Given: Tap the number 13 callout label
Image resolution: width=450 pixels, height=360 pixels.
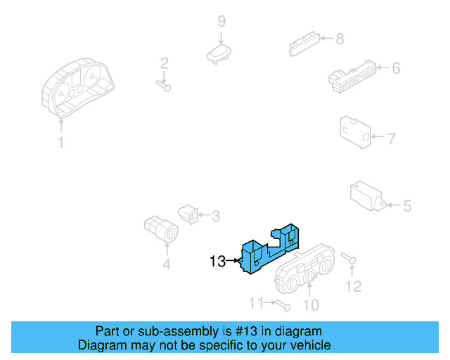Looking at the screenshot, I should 217,262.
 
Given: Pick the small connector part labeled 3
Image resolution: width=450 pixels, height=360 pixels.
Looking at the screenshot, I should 188,212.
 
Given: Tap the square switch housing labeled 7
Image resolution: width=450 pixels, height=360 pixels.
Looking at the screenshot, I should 355,129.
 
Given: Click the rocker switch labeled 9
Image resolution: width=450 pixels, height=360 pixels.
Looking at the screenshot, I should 219,52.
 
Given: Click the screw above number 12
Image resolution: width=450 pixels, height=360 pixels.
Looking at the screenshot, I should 349,259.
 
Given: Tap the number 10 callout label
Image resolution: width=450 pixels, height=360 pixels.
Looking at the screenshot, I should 310,304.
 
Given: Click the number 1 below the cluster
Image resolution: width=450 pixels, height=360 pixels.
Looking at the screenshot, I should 60,143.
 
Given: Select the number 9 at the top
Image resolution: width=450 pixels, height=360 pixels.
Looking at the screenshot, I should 221,21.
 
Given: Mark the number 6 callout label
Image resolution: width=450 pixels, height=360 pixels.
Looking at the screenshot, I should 395,68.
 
